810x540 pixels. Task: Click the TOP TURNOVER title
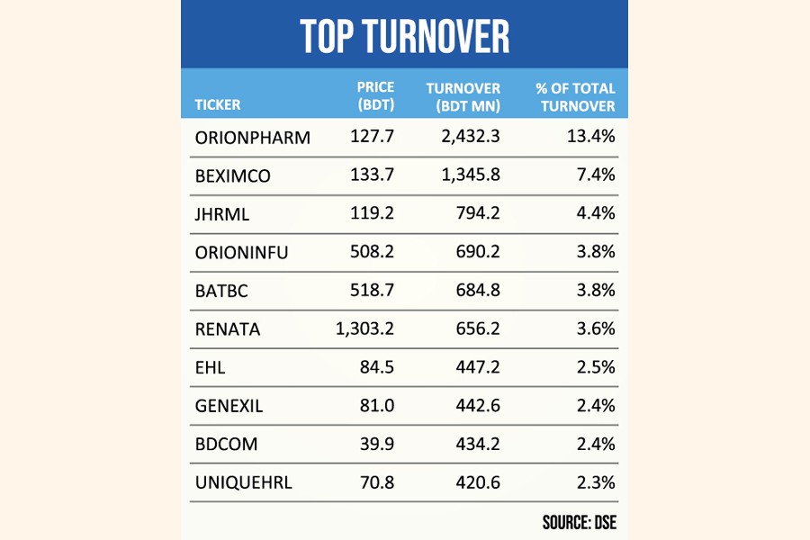404,35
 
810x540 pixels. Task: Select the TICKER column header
218,104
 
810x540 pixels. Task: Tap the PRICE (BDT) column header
375,95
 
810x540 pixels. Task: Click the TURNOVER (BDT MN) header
463,95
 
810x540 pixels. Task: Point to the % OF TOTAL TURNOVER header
576,95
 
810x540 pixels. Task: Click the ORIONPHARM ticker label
253,138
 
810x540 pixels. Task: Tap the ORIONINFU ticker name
242,253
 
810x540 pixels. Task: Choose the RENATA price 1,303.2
364,329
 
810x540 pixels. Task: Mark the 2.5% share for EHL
597,368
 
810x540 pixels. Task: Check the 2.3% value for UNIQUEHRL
597,482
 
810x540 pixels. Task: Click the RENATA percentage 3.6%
597,329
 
